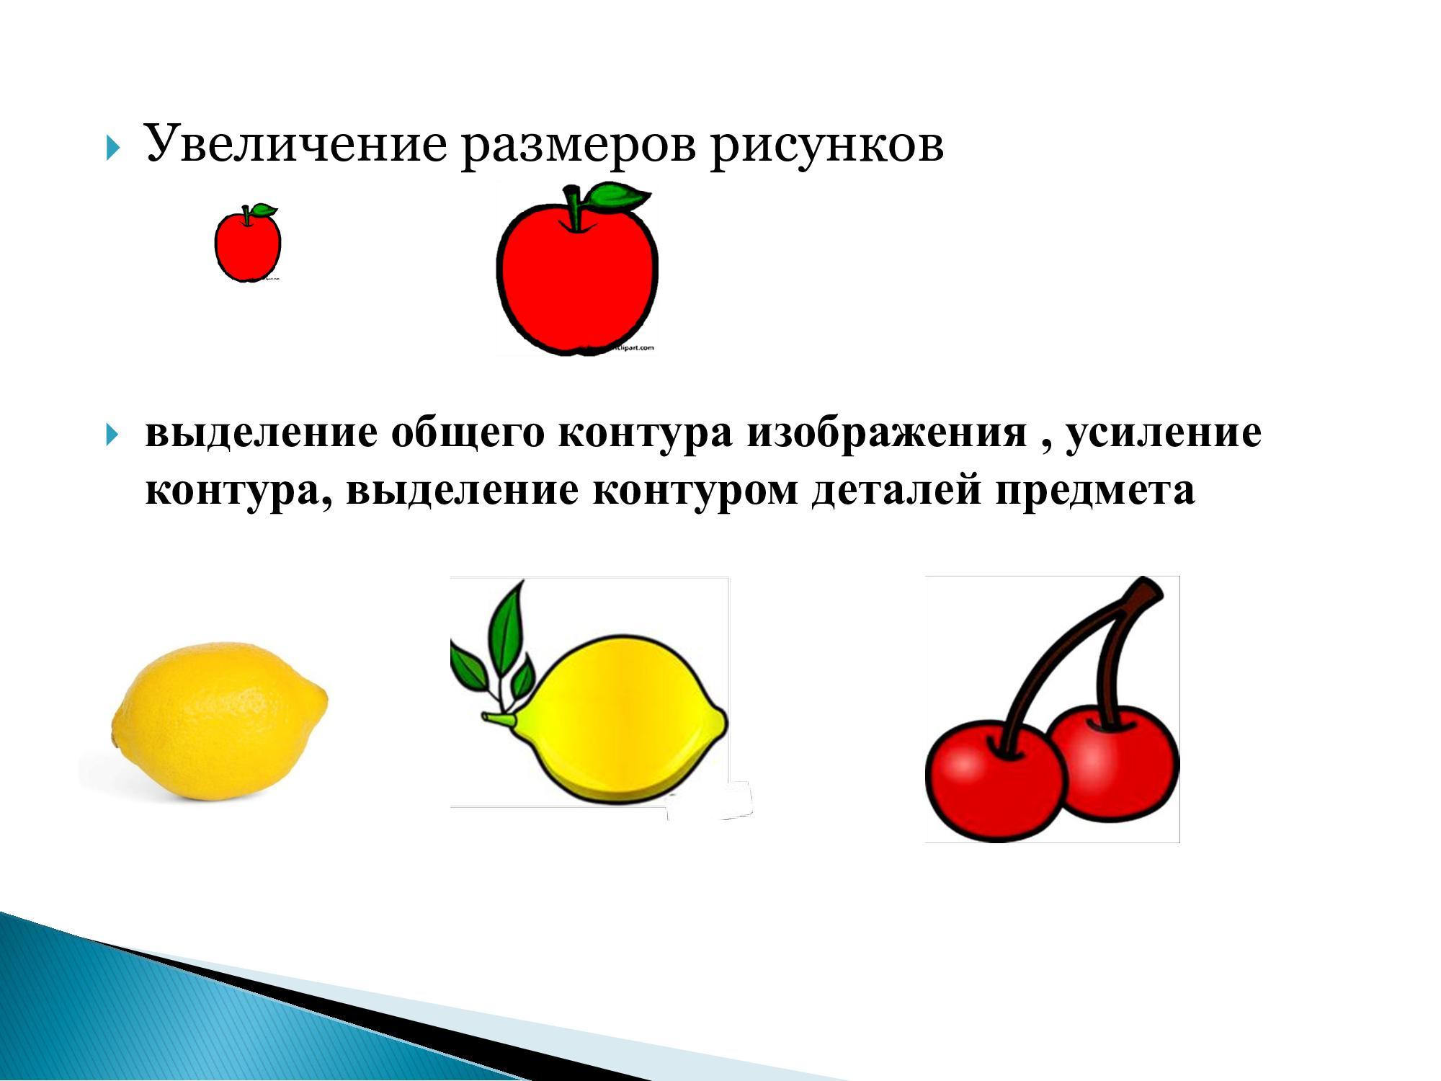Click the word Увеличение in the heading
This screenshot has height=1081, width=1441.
pyautogui.click(x=295, y=143)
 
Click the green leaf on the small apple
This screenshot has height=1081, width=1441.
pyautogui.click(x=263, y=210)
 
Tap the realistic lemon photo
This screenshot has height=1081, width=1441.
pyautogui.click(x=220, y=721)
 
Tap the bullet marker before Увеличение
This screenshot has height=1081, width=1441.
pyautogui.click(x=112, y=150)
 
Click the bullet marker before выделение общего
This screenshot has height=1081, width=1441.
pyautogui.click(x=112, y=435)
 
